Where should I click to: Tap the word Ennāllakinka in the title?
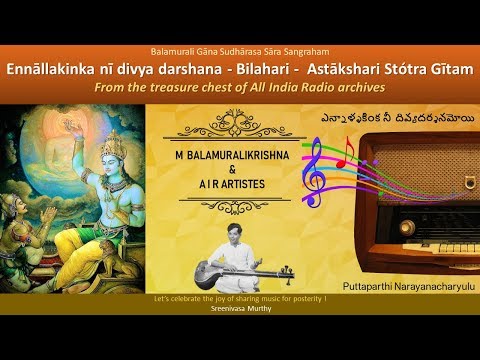tap(87, 71)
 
